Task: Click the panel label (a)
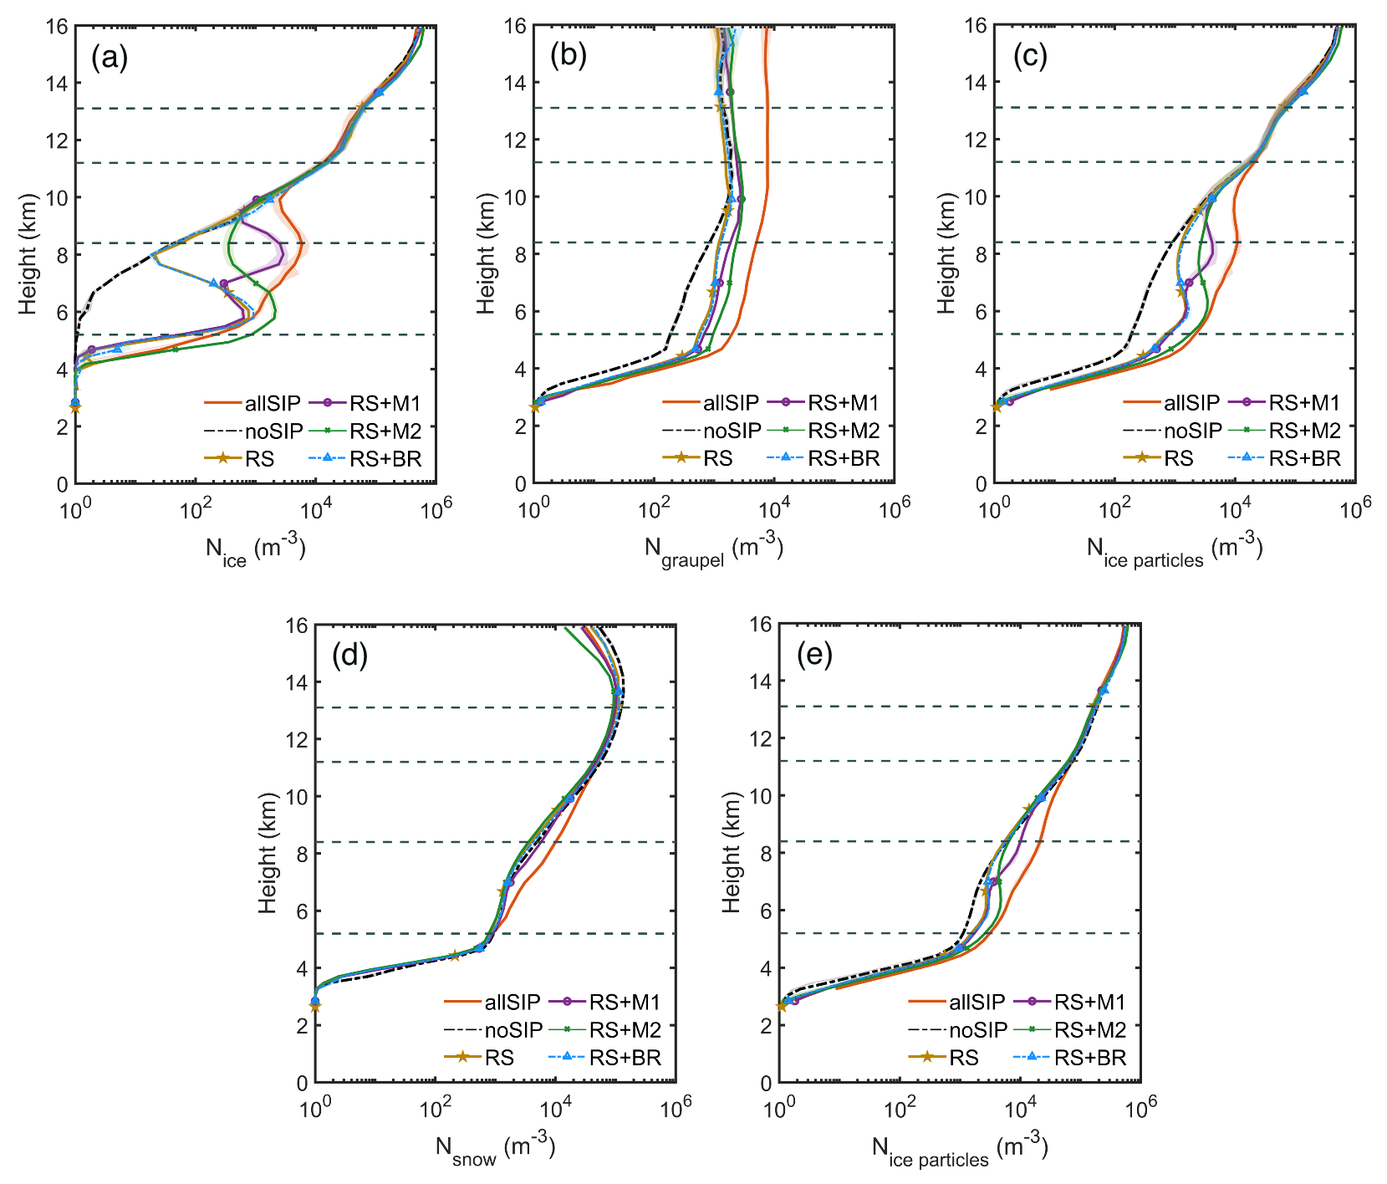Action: click(x=110, y=58)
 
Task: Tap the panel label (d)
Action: click(x=349, y=656)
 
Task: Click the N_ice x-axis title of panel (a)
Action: click(x=255, y=550)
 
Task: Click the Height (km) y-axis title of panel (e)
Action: click(x=732, y=853)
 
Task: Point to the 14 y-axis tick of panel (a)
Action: click(x=57, y=84)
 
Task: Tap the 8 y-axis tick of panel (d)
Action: click(x=298, y=854)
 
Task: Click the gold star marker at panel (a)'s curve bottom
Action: click(x=75, y=407)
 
